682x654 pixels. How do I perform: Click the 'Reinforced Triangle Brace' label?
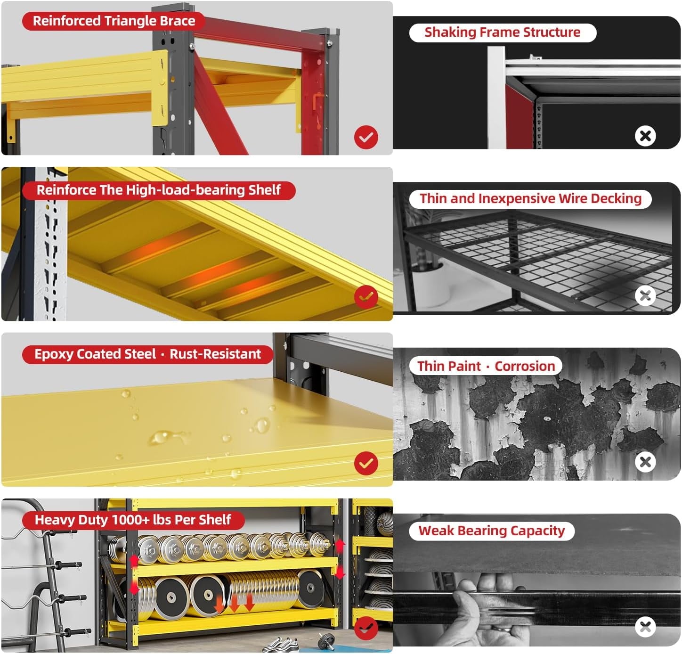coord(114,21)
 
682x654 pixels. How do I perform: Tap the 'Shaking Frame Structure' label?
coord(503,33)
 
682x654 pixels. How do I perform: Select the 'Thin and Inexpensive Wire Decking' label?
coord(530,199)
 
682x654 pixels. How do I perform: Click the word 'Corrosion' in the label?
coord(525,366)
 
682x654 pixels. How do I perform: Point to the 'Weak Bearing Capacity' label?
coord(491,531)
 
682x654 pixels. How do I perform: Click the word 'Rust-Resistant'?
coord(215,354)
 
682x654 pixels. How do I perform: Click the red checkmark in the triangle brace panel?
coord(366,137)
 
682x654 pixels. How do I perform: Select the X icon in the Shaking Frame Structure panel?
coord(645,136)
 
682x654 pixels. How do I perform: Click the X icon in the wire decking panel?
coord(645,296)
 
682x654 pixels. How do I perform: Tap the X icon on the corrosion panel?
coord(645,462)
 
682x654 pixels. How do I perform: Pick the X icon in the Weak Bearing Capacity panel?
coord(645,627)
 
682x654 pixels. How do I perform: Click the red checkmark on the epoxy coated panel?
coord(366,463)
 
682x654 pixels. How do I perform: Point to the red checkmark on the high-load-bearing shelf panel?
coord(366,297)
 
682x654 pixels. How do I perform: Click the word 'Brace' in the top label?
coord(178,21)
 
